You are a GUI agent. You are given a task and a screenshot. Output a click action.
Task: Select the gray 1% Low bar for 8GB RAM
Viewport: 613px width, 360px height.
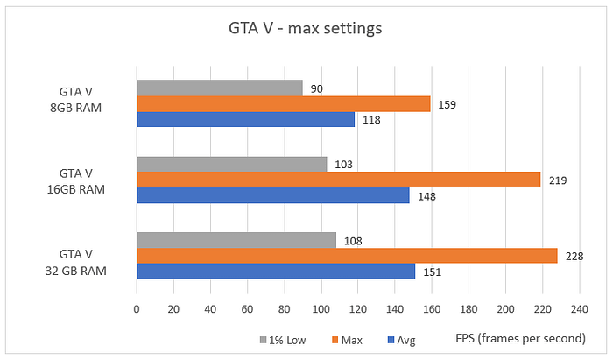click(x=219, y=88)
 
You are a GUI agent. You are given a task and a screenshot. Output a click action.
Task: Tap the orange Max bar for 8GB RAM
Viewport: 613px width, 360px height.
click(x=283, y=104)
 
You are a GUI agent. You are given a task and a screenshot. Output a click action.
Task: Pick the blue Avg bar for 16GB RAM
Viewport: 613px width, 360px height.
click(x=272, y=195)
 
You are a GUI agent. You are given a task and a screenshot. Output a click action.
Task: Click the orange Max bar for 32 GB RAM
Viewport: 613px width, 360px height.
click(x=347, y=255)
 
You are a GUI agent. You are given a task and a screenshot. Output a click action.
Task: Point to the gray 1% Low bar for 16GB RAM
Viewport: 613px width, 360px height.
click(x=231, y=164)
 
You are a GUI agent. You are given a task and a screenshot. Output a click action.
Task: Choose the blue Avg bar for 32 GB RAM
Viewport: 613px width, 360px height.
click(x=275, y=271)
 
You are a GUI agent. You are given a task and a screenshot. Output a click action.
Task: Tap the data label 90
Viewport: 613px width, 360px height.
click(x=316, y=88)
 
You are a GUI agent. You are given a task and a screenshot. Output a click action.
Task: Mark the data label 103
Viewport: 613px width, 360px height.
click(x=343, y=165)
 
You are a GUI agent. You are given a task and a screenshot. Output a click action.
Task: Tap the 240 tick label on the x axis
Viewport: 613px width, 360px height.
click(x=578, y=309)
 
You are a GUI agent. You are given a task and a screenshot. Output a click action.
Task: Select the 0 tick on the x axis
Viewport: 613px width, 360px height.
click(x=137, y=309)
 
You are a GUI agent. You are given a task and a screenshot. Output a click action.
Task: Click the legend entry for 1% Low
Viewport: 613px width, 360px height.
click(x=282, y=340)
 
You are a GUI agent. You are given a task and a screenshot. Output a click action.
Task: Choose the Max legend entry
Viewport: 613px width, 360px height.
click(x=348, y=340)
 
